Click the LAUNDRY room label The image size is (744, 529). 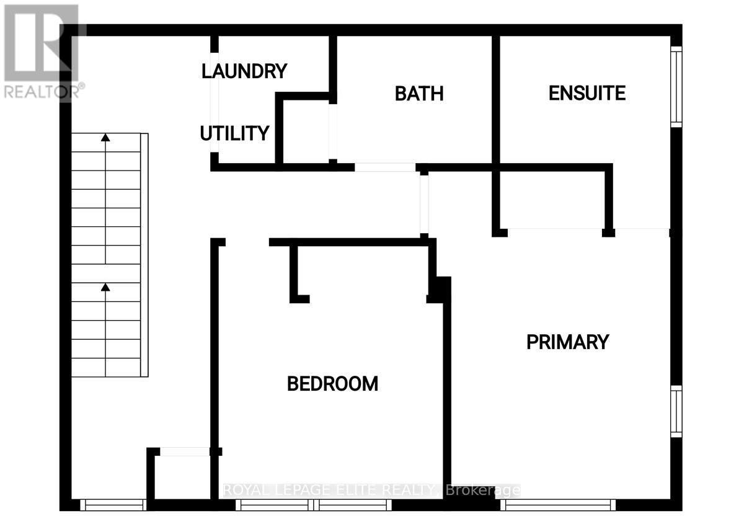(244, 71)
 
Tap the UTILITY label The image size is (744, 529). (234, 133)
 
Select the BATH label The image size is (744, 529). (419, 94)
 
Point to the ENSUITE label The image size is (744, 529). (587, 92)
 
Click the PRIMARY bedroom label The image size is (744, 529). (568, 342)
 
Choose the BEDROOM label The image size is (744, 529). (332, 384)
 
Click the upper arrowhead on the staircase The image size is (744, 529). (105, 138)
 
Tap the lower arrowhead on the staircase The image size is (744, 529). (105, 287)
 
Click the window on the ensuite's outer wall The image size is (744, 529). (676, 87)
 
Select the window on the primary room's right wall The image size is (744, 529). (676, 411)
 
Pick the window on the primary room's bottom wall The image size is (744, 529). (557, 505)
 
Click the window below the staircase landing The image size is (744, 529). (113, 505)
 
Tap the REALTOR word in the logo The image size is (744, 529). (41, 91)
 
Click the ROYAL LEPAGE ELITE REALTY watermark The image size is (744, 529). (372, 490)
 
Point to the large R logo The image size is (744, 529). (41, 43)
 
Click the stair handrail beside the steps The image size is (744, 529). (144, 255)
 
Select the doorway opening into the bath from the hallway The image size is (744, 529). (385, 167)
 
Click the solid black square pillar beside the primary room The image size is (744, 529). (439, 290)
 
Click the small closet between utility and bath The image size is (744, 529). (306, 131)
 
